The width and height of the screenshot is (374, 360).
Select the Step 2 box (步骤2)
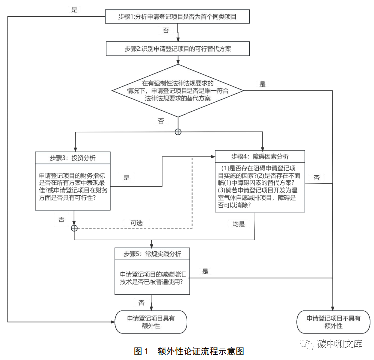(x=177, y=49)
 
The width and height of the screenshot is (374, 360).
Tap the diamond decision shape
(x=177, y=91)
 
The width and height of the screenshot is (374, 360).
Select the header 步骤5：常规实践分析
(x=152, y=254)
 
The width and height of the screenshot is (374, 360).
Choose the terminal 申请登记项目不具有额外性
(x=333, y=322)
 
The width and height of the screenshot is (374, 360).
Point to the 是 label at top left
(x=75, y=9)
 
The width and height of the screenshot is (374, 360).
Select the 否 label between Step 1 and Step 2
(x=166, y=30)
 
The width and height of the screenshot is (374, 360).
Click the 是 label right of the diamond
(x=262, y=84)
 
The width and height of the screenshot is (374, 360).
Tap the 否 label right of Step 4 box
(x=317, y=178)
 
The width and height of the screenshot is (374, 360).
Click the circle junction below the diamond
(x=177, y=132)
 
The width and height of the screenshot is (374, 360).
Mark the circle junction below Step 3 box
(x=74, y=228)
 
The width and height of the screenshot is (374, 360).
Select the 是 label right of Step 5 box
(x=205, y=271)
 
